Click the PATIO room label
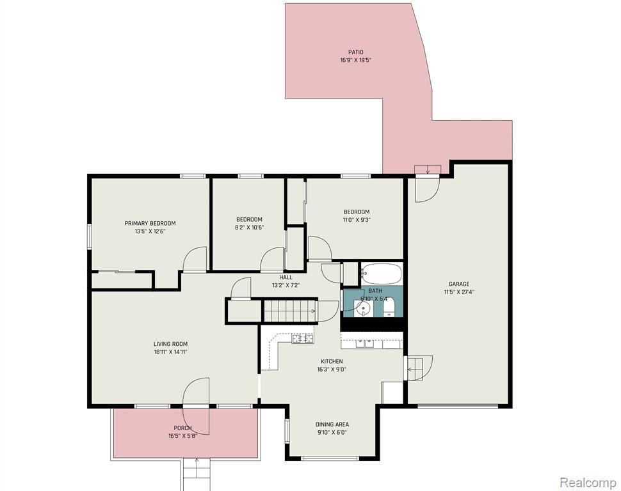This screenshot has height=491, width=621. [x=356, y=52]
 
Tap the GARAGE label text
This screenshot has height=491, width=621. [x=459, y=284]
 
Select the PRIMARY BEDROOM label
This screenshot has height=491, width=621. [x=150, y=224]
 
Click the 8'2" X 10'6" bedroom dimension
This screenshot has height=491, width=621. [x=250, y=228]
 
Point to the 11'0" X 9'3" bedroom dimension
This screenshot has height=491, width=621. [x=357, y=220]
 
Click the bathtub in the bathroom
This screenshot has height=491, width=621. [x=381, y=274]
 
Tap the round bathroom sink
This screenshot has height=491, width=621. [x=362, y=308]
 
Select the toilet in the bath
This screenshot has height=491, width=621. [x=389, y=307]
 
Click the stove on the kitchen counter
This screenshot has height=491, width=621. [x=303, y=339]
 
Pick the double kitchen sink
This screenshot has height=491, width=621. [x=364, y=343]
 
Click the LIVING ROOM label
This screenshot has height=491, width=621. [x=171, y=344]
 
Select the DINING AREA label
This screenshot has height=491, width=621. [x=332, y=425]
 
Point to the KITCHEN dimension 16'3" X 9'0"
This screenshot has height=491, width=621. [x=332, y=370]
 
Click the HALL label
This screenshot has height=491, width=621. [x=286, y=277]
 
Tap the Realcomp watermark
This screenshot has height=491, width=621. [x=588, y=482]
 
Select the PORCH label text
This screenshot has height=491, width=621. [x=182, y=428]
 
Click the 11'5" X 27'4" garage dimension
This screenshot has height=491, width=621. [x=460, y=292]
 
